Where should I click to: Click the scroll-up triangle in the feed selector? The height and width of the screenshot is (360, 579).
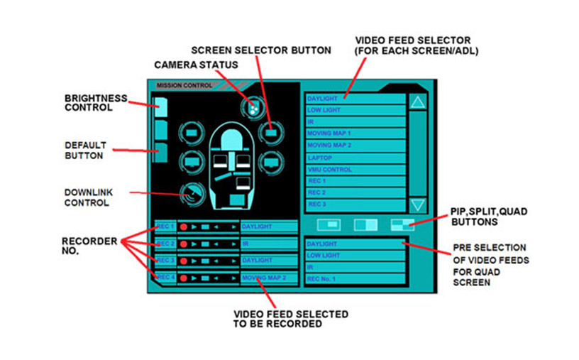(418, 102)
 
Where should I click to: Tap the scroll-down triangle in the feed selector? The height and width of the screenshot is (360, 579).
(418, 205)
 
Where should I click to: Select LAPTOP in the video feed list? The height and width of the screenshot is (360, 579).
(355, 158)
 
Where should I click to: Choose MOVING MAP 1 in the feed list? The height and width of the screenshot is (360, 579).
(355, 133)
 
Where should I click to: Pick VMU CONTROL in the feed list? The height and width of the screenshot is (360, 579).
(355, 170)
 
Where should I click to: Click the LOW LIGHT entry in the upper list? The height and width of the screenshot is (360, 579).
(355, 110)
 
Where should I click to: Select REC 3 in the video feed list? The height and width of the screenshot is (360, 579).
(355, 204)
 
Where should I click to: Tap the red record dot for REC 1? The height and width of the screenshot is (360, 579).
(184, 227)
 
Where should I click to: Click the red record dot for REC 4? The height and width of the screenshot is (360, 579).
(184, 278)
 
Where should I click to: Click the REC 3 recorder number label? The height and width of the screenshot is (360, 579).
(165, 261)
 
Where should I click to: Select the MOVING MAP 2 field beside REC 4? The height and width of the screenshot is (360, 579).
(269, 278)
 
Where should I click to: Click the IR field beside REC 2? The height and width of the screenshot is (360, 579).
(269, 244)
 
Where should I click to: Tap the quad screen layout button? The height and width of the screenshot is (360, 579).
(402, 224)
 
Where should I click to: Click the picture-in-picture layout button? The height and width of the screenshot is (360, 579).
(329, 224)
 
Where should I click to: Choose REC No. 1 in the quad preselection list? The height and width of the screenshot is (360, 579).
(355, 279)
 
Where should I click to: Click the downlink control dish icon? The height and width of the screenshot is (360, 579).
(192, 194)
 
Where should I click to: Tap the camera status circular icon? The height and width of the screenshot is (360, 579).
(253, 107)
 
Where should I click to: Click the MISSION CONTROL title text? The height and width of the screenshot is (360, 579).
(184, 85)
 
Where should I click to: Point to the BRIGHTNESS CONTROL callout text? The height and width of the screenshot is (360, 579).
(96, 103)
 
